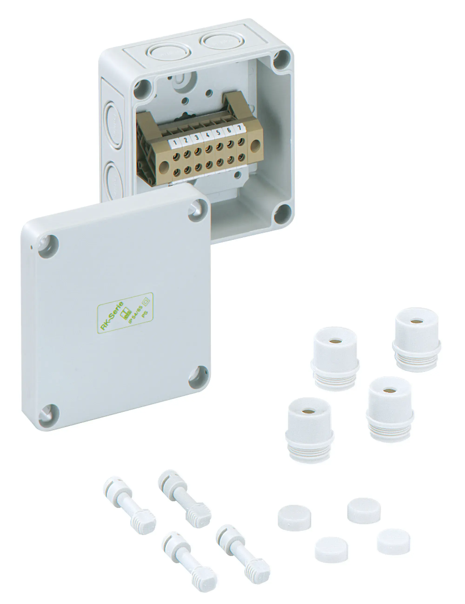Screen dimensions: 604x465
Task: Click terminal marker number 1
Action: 175,143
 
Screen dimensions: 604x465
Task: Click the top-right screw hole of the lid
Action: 198,211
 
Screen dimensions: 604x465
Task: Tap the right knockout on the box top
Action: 219,41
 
